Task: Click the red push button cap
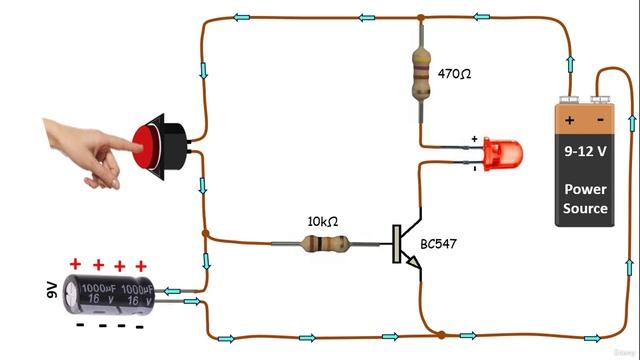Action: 147,146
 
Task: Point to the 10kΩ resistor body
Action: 326,242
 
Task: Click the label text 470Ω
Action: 454,74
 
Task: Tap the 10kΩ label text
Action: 322,220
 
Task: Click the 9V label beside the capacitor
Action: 53,290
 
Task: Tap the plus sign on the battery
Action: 570,120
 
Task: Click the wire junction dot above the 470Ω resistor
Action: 421,18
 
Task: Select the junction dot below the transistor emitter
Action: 438,334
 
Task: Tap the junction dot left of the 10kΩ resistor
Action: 205,234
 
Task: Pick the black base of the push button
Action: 171,147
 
